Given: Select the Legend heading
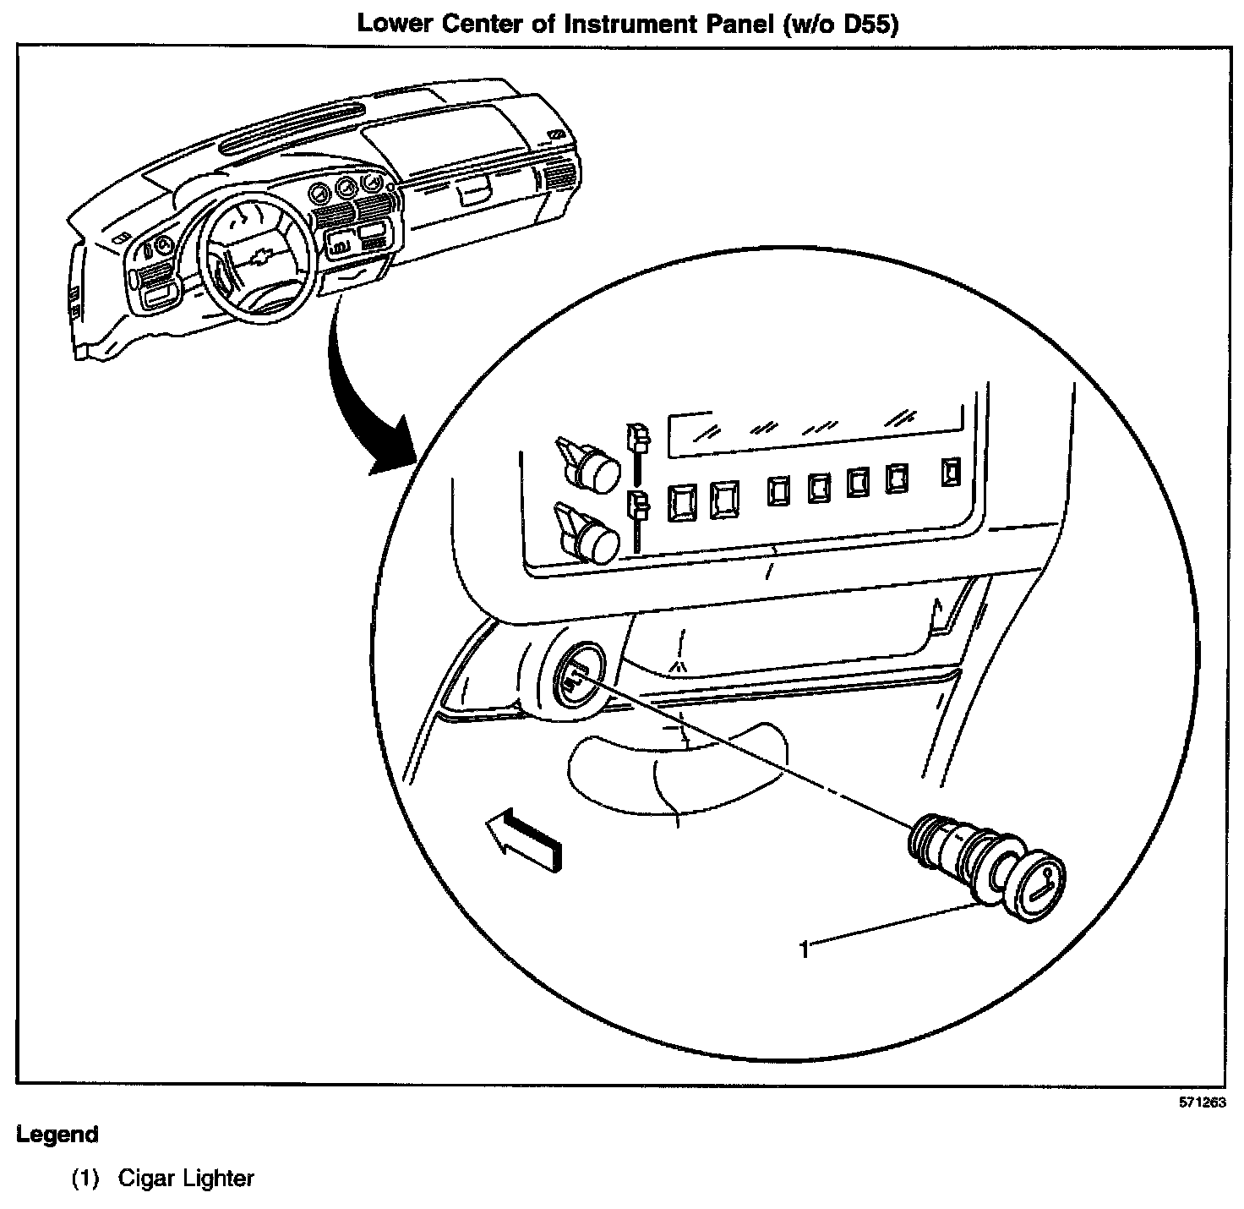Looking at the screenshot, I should (57, 1135).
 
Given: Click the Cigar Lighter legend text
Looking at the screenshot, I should (186, 1178).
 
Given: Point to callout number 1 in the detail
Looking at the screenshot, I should (805, 950).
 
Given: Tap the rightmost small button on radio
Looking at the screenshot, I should (952, 472).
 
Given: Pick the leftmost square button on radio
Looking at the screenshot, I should (680, 501).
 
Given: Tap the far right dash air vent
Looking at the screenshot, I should (559, 179).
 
